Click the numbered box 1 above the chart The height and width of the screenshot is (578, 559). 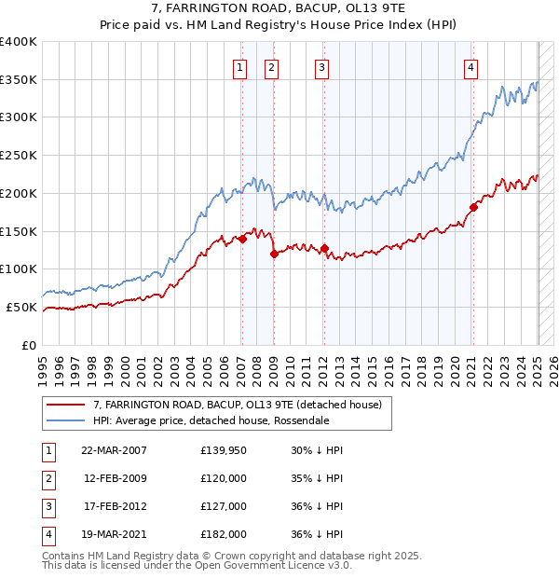pyautogui.click(x=240, y=66)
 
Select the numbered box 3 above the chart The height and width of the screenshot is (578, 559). pyautogui.click(x=321, y=66)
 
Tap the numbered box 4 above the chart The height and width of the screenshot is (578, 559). pyautogui.click(x=471, y=66)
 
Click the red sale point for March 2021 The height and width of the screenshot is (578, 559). pyautogui.click(x=473, y=207)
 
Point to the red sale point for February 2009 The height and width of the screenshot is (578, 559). pyautogui.click(x=274, y=254)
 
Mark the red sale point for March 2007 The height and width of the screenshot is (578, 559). pyautogui.click(x=242, y=239)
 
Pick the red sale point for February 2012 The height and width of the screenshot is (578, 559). pyautogui.click(x=324, y=248)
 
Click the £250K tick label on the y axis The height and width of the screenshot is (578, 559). pyautogui.click(x=19, y=156)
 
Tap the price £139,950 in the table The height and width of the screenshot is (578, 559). pyautogui.click(x=224, y=450)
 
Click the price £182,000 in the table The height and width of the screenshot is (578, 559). pyautogui.click(x=224, y=534)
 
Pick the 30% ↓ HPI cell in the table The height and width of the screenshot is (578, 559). pyautogui.click(x=316, y=450)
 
